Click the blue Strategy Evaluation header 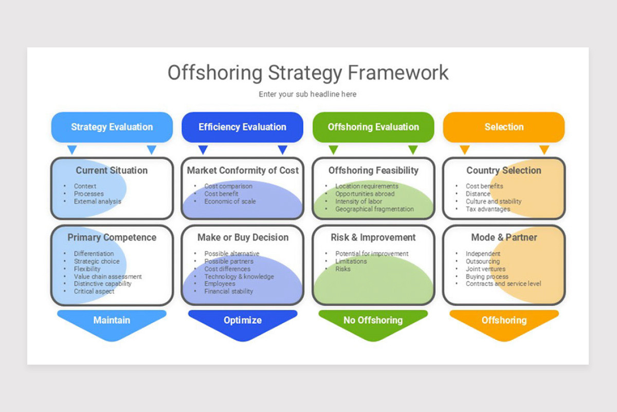pyautogui.click(x=112, y=127)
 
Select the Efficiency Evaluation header pyautogui.click(x=242, y=127)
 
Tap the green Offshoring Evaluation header pyautogui.click(x=373, y=127)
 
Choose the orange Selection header pyautogui.click(x=504, y=127)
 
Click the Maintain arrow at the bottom pyautogui.click(x=112, y=320)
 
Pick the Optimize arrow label pyautogui.click(x=242, y=320)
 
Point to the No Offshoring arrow pyautogui.click(x=373, y=320)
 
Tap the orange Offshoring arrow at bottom pyautogui.click(x=504, y=320)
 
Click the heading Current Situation pyautogui.click(x=112, y=170)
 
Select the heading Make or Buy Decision pyautogui.click(x=243, y=237)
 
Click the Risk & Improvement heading pyautogui.click(x=373, y=237)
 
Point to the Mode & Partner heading pyautogui.click(x=504, y=237)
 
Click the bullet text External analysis pyautogui.click(x=98, y=201)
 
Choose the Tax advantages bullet pyautogui.click(x=488, y=209)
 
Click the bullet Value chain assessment pyautogui.click(x=108, y=277)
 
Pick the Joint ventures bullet pyautogui.click(x=485, y=269)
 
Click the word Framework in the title pyautogui.click(x=398, y=73)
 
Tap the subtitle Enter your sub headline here pyautogui.click(x=307, y=94)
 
